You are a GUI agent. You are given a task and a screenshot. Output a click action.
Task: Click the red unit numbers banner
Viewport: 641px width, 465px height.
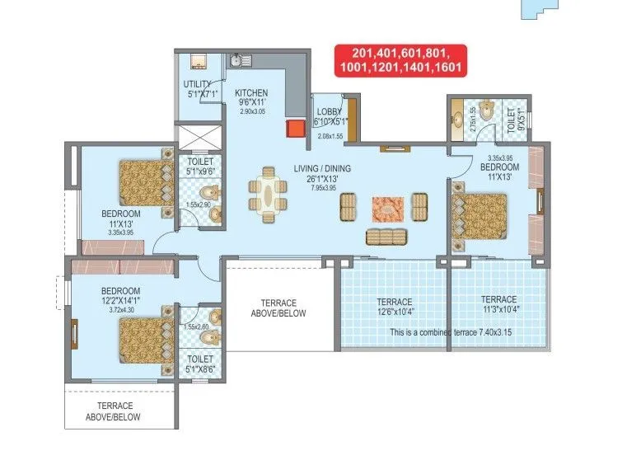point(400,60)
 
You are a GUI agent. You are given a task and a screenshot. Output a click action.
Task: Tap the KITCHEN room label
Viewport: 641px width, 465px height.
point(250,92)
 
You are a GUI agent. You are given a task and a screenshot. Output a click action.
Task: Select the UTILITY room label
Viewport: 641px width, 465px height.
point(197,84)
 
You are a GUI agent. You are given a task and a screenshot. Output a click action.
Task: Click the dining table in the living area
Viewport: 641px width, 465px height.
point(269,195)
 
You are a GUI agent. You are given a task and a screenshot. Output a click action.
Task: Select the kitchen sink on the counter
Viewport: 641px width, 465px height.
point(236,60)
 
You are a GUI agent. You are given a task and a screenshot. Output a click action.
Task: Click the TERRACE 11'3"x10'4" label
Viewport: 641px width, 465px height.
point(498,304)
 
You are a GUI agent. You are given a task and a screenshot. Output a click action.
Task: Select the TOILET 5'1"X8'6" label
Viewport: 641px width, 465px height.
point(200,364)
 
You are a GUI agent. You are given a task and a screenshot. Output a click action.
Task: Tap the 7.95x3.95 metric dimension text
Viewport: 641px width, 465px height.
point(322,187)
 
